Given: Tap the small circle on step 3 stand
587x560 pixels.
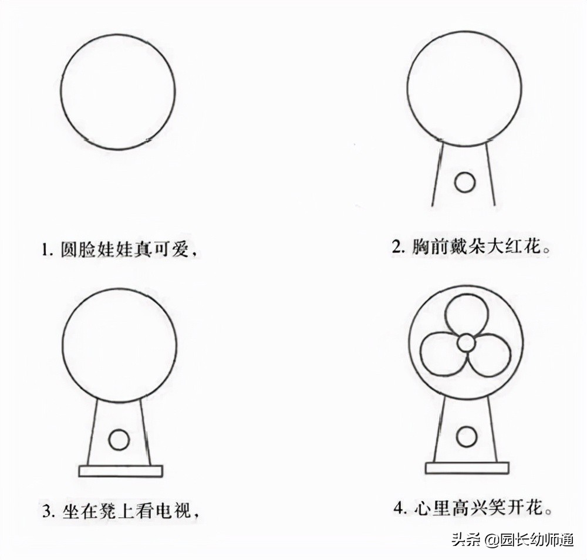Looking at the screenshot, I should (x=119, y=439).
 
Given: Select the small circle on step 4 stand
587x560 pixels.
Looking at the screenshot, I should (x=467, y=437).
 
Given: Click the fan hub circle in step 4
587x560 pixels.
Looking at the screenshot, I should (x=466, y=342).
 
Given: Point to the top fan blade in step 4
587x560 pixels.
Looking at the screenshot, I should (x=466, y=313).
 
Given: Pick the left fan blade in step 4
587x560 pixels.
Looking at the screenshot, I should (x=440, y=354).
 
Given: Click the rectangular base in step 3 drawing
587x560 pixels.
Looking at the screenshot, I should (x=120, y=471).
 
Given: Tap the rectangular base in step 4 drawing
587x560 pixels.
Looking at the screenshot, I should (x=467, y=468).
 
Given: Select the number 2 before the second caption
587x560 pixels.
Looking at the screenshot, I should (x=396, y=247).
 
